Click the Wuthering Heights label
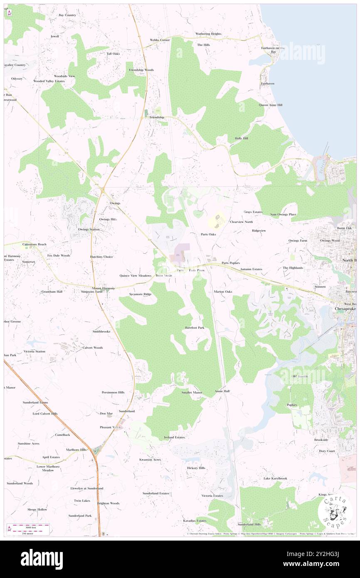click(208, 34)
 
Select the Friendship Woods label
click(141, 70)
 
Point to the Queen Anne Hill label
click(271, 105)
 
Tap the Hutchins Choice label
click(101, 257)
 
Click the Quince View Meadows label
click(136, 276)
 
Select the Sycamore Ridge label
click(140, 294)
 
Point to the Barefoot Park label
click(195, 328)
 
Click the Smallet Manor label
click(192, 393)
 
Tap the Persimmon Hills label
click(113, 392)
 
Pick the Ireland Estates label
click(174, 437)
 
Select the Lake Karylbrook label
click(275, 478)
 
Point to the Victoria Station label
click(35, 351)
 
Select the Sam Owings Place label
click(283, 215)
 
